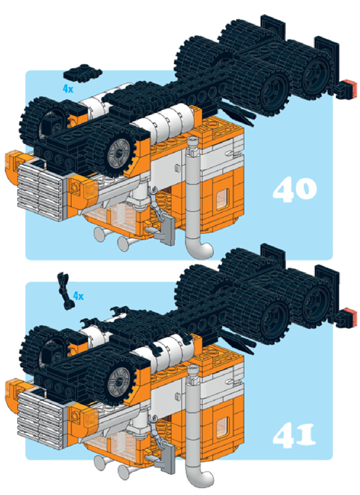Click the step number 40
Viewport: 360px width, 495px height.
click(x=295, y=189)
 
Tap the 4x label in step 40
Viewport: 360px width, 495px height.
click(x=68, y=89)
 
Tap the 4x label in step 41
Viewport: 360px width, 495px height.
click(x=79, y=296)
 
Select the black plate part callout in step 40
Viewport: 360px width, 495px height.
click(x=82, y=73)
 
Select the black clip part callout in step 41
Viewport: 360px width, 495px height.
click(x=66, y=290)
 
